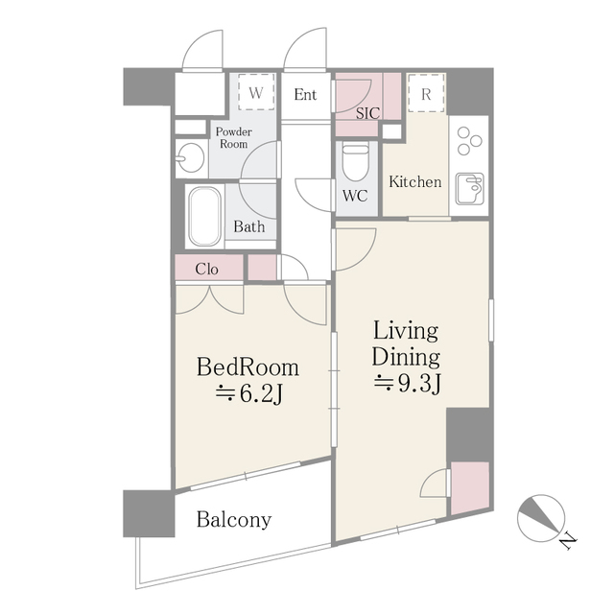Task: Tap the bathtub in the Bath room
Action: (203, 215)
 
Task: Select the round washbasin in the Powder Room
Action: (190, 156)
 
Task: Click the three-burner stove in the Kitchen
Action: (470, 142)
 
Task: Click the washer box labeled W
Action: (256, 94)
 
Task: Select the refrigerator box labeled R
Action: (425, 94)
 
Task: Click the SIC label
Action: (367, 113)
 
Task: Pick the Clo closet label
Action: (206, 269)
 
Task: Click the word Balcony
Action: (234, 521)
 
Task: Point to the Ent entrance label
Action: (305, 94)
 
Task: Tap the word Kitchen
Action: (414, 181)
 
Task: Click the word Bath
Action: (249, 228)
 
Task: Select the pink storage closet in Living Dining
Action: (469, 486)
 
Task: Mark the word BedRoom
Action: (248, 366)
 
